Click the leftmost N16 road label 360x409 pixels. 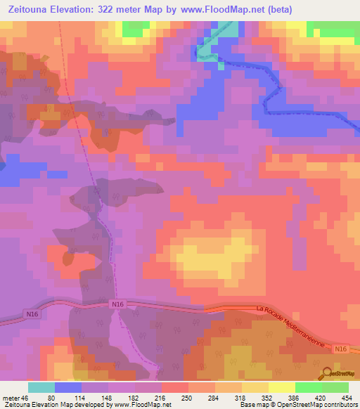pos(30,313)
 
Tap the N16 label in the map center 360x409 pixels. pos(117,304)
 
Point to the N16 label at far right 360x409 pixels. pos(340,349)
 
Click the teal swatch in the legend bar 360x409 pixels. pos(41,387)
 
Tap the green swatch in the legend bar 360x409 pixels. pos(308,387)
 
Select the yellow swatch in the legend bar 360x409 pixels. pos(281,387)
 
